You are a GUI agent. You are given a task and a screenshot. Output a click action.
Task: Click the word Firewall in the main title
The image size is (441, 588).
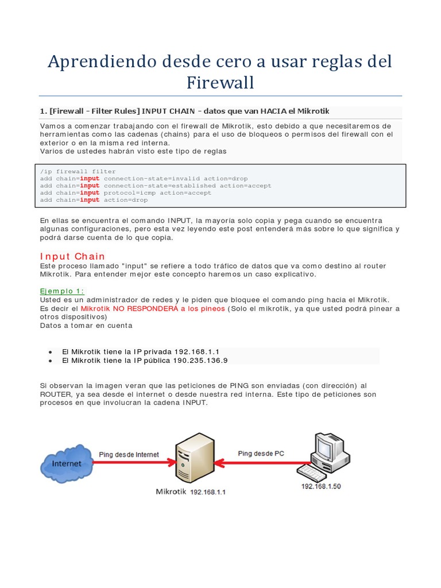point(220,83)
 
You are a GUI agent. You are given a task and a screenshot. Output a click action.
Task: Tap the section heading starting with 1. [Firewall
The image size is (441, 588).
point(185,110)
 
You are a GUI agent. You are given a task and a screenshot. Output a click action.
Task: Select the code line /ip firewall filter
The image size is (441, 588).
point(78,171)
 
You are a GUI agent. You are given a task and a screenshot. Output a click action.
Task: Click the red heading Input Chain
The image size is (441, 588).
point(72,256)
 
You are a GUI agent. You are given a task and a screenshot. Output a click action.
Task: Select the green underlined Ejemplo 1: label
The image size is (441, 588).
point(62,291)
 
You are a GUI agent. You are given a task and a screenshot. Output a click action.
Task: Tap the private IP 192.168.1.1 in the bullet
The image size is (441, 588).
point(197,351)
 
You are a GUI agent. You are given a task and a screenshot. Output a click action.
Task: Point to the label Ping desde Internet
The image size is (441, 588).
point(129,454)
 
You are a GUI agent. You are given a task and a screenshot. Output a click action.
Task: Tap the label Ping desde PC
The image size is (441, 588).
point(261,453)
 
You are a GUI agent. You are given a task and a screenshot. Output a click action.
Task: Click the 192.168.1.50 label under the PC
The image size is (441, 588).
point(321,486)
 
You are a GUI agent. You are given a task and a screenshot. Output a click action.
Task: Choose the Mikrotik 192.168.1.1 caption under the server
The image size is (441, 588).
point(191,492)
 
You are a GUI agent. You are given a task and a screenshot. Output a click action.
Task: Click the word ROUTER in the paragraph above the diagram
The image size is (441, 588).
point(57,394)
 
